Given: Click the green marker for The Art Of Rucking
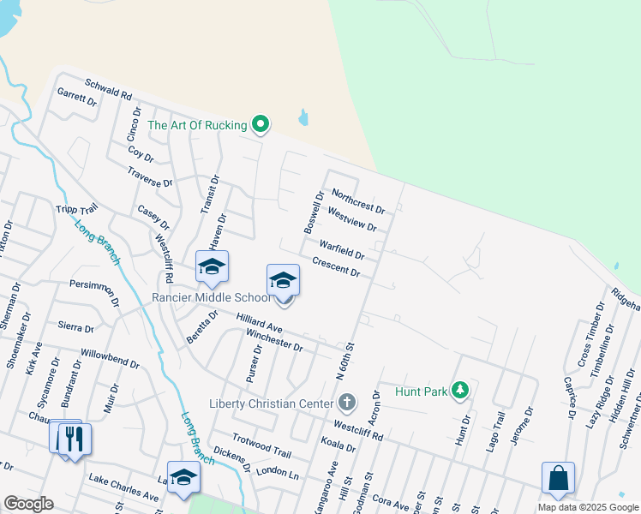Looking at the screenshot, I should (261, 125).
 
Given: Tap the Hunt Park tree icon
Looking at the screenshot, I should (461, 391).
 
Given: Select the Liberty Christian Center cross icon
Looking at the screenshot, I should (347, 402).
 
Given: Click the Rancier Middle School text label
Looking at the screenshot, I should (211, 297).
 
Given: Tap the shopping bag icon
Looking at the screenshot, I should (558, 480).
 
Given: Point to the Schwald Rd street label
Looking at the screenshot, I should (108, 89).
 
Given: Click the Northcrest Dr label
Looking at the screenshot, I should (357, 201).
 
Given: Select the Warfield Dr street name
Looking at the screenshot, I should (342, 248).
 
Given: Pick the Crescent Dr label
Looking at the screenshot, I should (336, 267).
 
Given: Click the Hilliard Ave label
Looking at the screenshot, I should (259, 323).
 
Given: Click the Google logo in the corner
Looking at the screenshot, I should (28, 504).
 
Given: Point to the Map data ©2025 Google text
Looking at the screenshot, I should (587, 507).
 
